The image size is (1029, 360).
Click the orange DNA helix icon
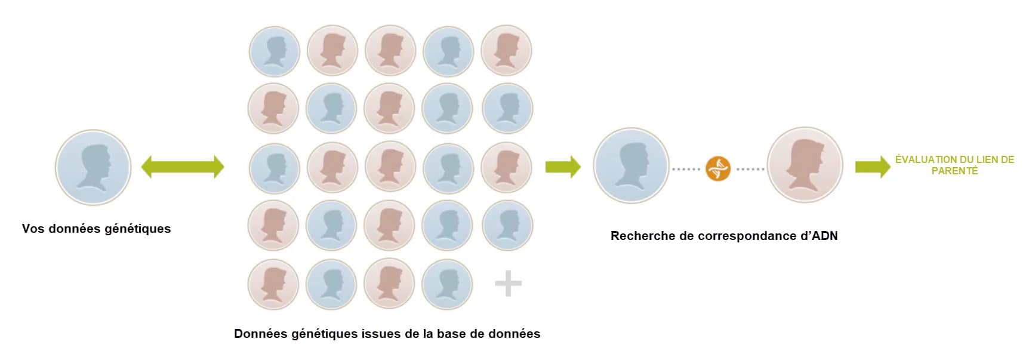[x=717, y=168]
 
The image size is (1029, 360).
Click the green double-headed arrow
[x=183, y=167]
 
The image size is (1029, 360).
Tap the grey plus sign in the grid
[x=508, y=283]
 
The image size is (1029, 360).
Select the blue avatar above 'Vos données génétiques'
[x=93, y=167]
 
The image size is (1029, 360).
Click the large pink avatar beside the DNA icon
[x=805, y=165]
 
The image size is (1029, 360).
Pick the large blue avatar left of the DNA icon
[x=631, y=165]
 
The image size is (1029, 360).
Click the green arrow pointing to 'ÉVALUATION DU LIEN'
[x=873, y=167]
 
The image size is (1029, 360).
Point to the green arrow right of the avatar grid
[x=563, y=167]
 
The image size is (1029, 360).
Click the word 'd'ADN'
[x=819, y=236]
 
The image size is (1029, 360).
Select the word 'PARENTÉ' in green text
[x=954, y=171]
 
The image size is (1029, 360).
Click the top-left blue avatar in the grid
[x=274, y=51]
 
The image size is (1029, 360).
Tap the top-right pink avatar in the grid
[x=506, y=50]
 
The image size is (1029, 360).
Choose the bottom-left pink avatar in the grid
[x=273, y=284]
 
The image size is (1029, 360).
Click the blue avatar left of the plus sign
[x=447, y=284]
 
